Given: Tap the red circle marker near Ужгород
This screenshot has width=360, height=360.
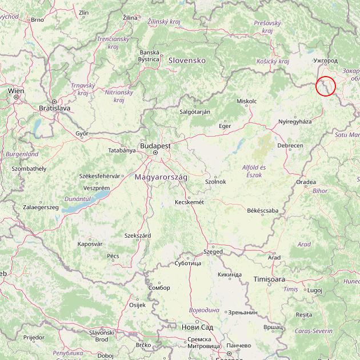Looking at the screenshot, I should pos(325,86).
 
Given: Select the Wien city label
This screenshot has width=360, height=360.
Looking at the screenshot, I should pos(16,90).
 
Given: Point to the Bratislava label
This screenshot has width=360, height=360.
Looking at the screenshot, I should pos(54,107).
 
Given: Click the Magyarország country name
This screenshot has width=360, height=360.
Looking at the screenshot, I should pos(161,177).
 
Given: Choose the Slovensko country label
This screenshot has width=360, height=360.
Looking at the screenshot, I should pos(186,60).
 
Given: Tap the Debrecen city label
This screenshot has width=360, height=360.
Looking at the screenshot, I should pos(290,146).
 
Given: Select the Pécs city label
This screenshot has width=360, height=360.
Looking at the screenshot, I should pos(113,255).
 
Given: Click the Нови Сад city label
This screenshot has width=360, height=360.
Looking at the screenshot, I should pos(197,327).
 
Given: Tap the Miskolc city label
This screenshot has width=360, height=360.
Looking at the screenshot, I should pos(246,101).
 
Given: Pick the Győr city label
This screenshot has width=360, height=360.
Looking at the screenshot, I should pos(82,133).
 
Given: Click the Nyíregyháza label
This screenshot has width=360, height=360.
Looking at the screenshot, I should pos(295,121).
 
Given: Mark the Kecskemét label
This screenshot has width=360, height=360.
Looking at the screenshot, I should pos(189,202).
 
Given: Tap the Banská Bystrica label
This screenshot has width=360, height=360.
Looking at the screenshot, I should pos(149,55).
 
